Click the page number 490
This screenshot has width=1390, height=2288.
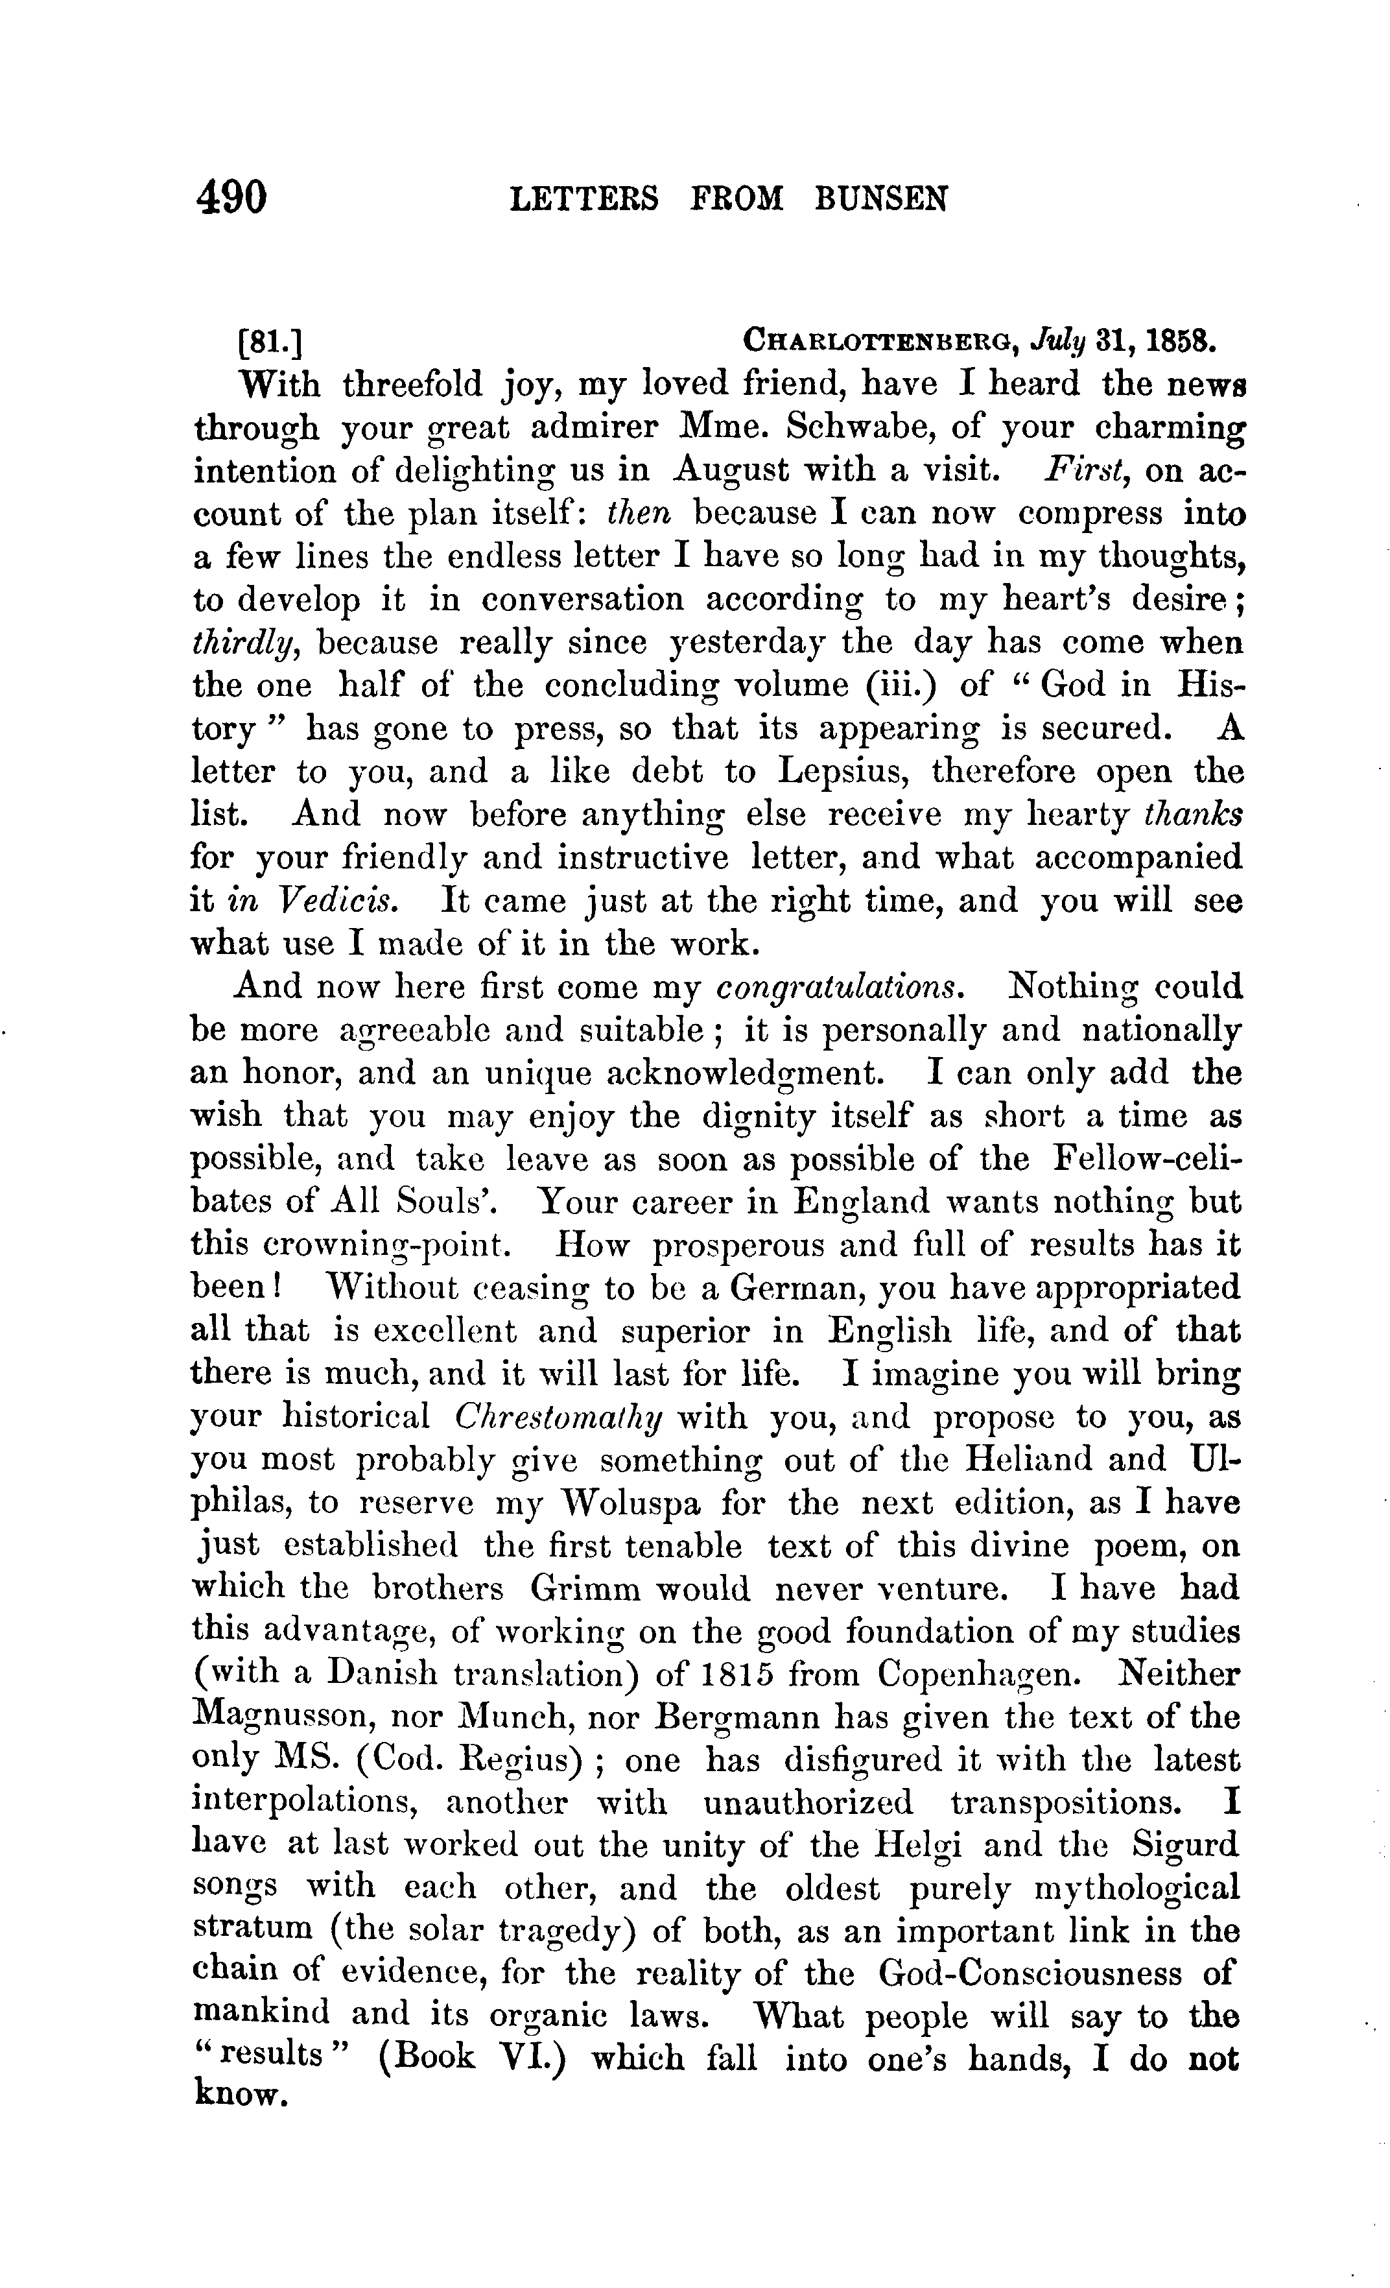(x=231, y=197)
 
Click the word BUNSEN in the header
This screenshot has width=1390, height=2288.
(x=881, y=198)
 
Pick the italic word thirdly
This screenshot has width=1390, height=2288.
(x=243, y=643)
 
